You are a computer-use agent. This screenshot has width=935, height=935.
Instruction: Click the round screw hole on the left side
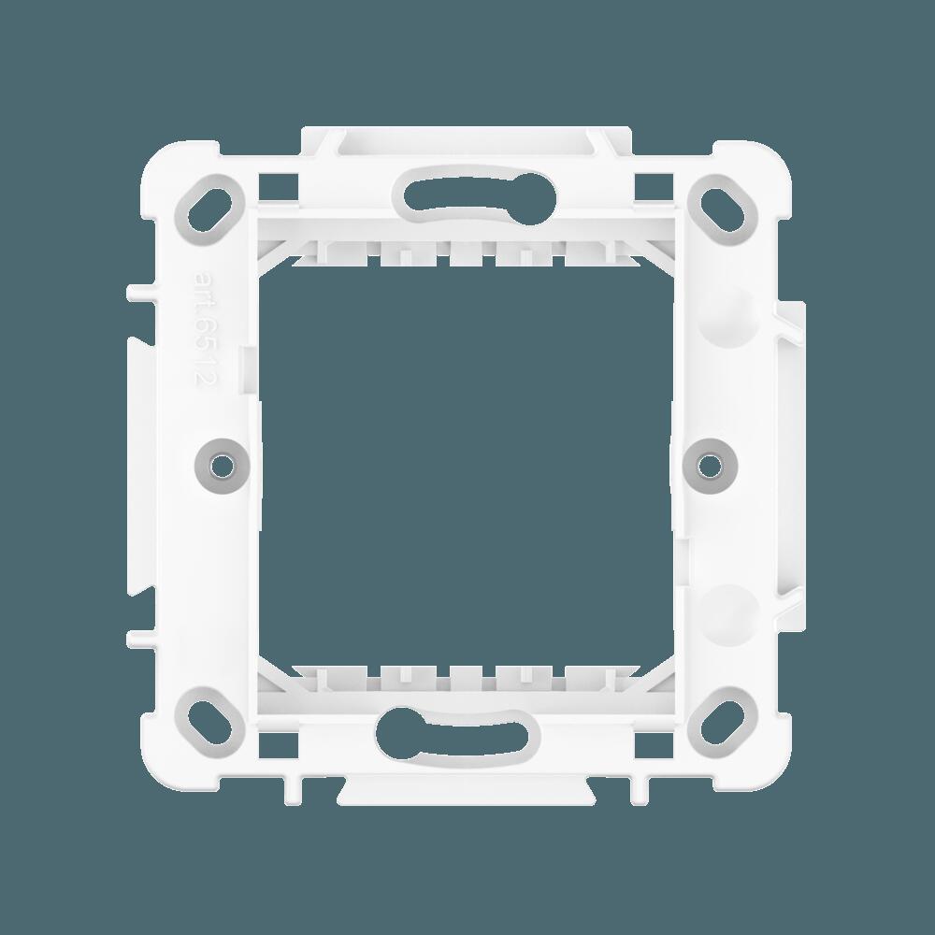(x=222, y=462)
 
